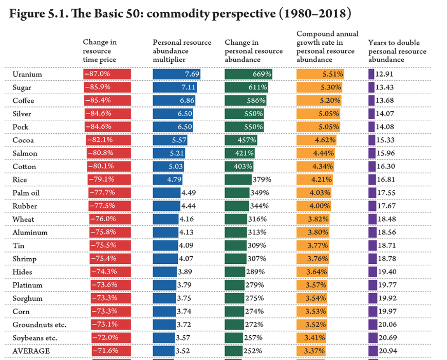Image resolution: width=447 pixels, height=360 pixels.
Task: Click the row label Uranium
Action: pyautogui.click(x=27, y=74)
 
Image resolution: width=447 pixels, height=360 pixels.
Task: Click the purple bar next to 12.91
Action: pyautogui.click(x=371, y=74)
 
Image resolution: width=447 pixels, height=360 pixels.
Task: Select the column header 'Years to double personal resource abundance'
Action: pyautogui.click(x=397, y=51)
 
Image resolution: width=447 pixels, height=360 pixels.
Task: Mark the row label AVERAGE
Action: pyautogui.click(x=31, y=351)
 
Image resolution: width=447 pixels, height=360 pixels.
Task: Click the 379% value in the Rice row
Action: pyautogui.click(x=262, y=179)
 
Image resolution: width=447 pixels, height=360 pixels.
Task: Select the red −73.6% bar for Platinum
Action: pyautogui.click(x=110, y=285)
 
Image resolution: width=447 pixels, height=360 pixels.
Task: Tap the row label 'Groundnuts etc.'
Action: pyautogui.click(x=40, y=325)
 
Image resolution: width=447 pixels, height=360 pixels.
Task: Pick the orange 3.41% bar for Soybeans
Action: pyautogui.click(x=312, y=337)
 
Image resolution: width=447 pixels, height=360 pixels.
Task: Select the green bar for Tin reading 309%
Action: pyautogui.click(x=235, y=245)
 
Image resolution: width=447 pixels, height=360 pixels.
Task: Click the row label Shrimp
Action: pyautogui.click(x=25, y=259)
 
